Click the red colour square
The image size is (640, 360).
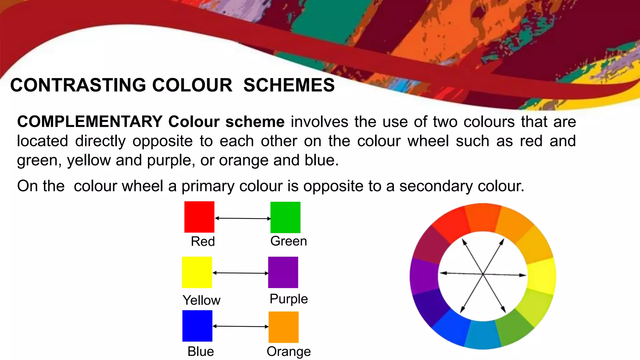pyautogui.click(x=199, y=217)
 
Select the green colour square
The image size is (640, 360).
pyautogui.click(x=285, y=217)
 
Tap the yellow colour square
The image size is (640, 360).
pyautogui.click(x=197, y=272)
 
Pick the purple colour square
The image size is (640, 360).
pyautogui.click(x=283, y=272)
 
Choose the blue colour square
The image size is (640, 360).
pyautogui.click(x=197, y=326)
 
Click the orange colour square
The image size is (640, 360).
pyautogui.click(x=283, y=327)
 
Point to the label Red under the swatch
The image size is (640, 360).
pyautogui.click(x=203, y=241)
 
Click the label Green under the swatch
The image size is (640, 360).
pyautogui.click(x=288, y=241)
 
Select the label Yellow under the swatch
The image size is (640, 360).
pyautogui.click(x=202, y=300)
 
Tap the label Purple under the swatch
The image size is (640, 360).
pyautogui.click(x=289, y=299)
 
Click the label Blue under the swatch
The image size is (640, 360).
pyautogui.click(x=201, y=351)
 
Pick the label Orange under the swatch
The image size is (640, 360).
pyautogui.click(x=289, y=351)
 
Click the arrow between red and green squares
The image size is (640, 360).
pyautogui.click(x=242, y=218)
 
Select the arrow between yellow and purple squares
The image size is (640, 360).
pyautogui.click(x=240, y=273)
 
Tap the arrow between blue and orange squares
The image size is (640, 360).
pyautogui.click(x=240, y=326)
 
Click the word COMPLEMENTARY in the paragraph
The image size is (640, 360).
pyautogui.click(x=90, y=122)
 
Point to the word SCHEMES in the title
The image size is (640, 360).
pyautogui.click(x=289, y=85)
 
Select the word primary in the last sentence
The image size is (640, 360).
pyautogui.click(x=207, y=186)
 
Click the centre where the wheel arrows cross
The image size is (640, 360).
pyautogui.click(x=483, y=274)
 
